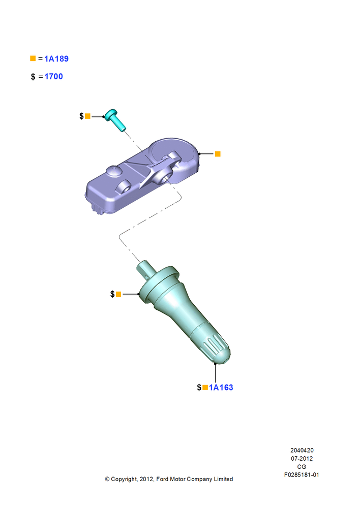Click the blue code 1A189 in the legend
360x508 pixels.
[x=56, y=58]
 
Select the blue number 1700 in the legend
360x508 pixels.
[x=53, y=77]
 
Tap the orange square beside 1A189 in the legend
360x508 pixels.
[x=33, y=58]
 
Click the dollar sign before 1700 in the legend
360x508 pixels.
[x=33, y=77]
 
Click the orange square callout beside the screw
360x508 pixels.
[x=87, y=116]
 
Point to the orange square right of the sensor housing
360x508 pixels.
[x=218, y=154]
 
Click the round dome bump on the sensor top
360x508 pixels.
[x=113, y=171]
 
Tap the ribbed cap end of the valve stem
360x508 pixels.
[x=216, y=350]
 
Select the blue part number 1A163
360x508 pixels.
[x=221, y=388]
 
